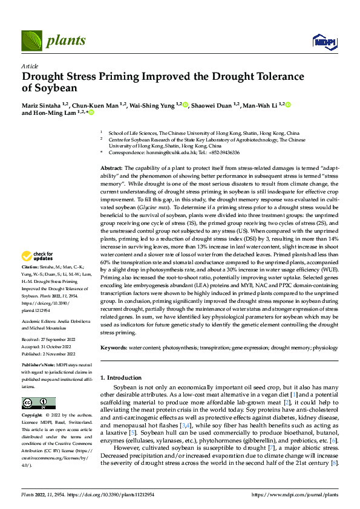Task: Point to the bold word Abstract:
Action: click(x=111, y=167)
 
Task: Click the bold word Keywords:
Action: click(x=113, y=348)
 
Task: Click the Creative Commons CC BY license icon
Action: click(x=38, y=403)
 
